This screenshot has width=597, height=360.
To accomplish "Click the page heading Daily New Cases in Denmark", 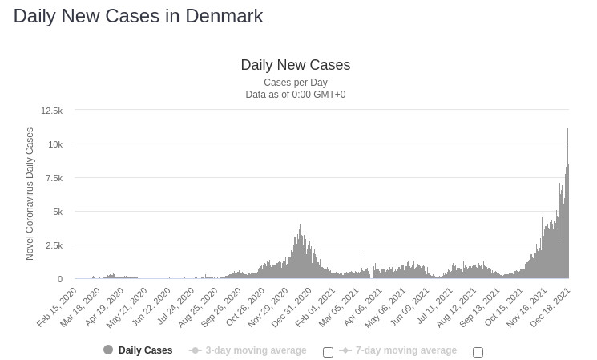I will (x=138, y=16).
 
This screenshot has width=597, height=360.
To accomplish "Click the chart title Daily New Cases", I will (x=295, y=65).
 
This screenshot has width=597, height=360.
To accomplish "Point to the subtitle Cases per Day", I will (x=295, y=83).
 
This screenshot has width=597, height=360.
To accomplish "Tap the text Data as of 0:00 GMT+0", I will (x=295, y=95).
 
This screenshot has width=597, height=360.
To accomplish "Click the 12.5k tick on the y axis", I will (x=51, y=111).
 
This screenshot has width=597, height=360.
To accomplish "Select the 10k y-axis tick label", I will (x=54, y=144).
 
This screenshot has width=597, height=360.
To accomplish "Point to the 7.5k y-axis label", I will (x=53, y=178).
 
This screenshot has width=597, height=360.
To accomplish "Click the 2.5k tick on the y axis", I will (x=53, y=245).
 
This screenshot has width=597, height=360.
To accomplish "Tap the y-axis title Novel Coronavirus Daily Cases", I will (x=30, y=194).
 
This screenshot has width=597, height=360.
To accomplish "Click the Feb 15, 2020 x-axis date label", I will (x=58, y=308).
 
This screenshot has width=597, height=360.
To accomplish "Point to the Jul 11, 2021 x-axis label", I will (x=429, y=308).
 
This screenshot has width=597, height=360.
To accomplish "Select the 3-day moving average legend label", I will (x=256, y=350).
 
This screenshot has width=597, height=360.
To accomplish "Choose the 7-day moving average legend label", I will (x=405, y=350).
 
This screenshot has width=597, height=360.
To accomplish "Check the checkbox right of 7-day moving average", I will (x=478, y=352).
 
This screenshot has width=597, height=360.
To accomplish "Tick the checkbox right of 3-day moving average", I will (x=328, y=352).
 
